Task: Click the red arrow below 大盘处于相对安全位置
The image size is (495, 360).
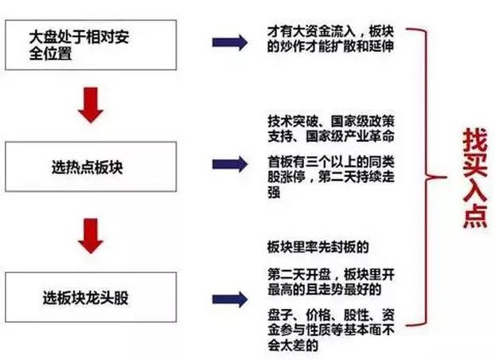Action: [x=91, y=105]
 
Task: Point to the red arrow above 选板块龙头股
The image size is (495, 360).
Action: [x=91, y=236]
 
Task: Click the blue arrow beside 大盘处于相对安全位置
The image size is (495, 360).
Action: [x=230, y=42]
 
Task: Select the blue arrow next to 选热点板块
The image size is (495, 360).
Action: [x=230, y=164]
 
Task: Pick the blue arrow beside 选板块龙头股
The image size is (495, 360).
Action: [x=230, y=299]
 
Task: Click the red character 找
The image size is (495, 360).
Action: [x=475, y=139]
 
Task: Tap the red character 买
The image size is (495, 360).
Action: [x=475, y=165]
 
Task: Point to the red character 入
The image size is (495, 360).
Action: [x=475, y=190]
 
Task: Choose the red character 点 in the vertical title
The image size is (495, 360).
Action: [x=475, y=216]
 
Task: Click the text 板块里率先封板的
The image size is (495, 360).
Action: [x=318, y=247]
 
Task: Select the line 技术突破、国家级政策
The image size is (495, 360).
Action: [x=331, y=121]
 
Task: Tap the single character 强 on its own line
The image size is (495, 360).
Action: [x=274, y=192]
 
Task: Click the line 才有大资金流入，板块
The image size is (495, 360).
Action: [x=331, y=32]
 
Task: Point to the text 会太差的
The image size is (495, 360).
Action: [x=293, y=345]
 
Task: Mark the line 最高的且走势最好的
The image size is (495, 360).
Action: [x=325, y=289]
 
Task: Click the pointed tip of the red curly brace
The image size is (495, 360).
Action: [x=446, y=178]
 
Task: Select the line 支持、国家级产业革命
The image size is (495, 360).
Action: [x=331, y=136]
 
